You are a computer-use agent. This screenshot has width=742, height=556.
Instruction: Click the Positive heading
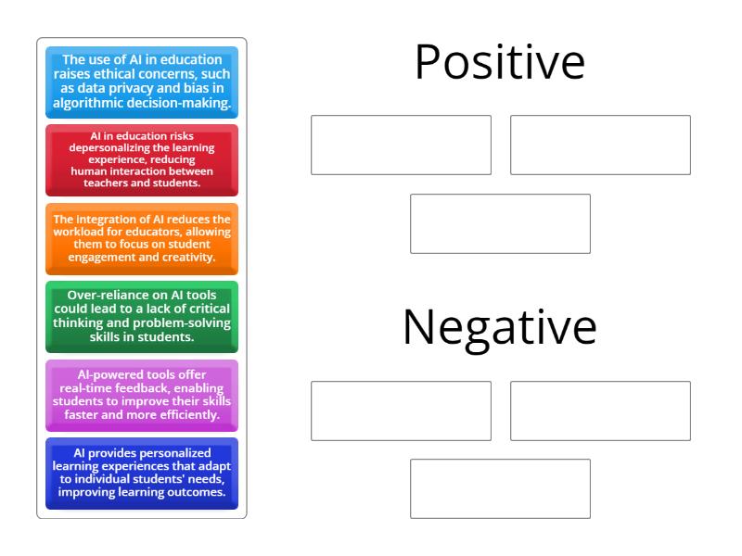pyautogui.click(x=500, y=63)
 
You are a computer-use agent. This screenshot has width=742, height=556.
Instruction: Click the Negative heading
pyautogui.click(x=500, y=327)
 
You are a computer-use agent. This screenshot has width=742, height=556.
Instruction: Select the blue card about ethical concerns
pyautogui.click(x=142, y=83)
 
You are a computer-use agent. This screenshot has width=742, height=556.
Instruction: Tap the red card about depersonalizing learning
pyautogui.click(x=142, y=159)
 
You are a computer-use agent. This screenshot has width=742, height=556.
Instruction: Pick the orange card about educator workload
pyautogui.click(x=142, y=238)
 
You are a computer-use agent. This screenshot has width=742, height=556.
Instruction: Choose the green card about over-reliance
pyautogui.click(x=142, y=316)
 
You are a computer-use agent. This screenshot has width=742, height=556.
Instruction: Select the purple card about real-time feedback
pyautogui.click(x=142, y=395)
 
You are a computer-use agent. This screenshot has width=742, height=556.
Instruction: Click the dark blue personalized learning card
pyautogui.click(x=142, y=473)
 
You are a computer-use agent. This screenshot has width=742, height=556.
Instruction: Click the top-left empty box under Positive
pyautogui.click(x=401, y=145)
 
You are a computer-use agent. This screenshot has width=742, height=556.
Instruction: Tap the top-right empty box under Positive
pyautogui.click(x=600, y=145)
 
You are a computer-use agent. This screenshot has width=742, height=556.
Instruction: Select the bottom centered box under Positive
pyautogui.click(x=500, y=223)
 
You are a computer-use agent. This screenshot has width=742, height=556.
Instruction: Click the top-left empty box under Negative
pyautogui.click(x=401, y=411)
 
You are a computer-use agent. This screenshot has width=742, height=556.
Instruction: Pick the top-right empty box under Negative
pyautogui.click(x=600, y=411)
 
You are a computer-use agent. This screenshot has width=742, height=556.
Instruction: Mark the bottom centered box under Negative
pyautogui.click(x=500, y=488)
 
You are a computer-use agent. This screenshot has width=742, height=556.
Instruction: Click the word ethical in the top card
pyautogui.click(x=153, y=75)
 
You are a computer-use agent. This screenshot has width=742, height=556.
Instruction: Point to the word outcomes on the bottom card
pyautogui.click(x=196, y=492)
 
